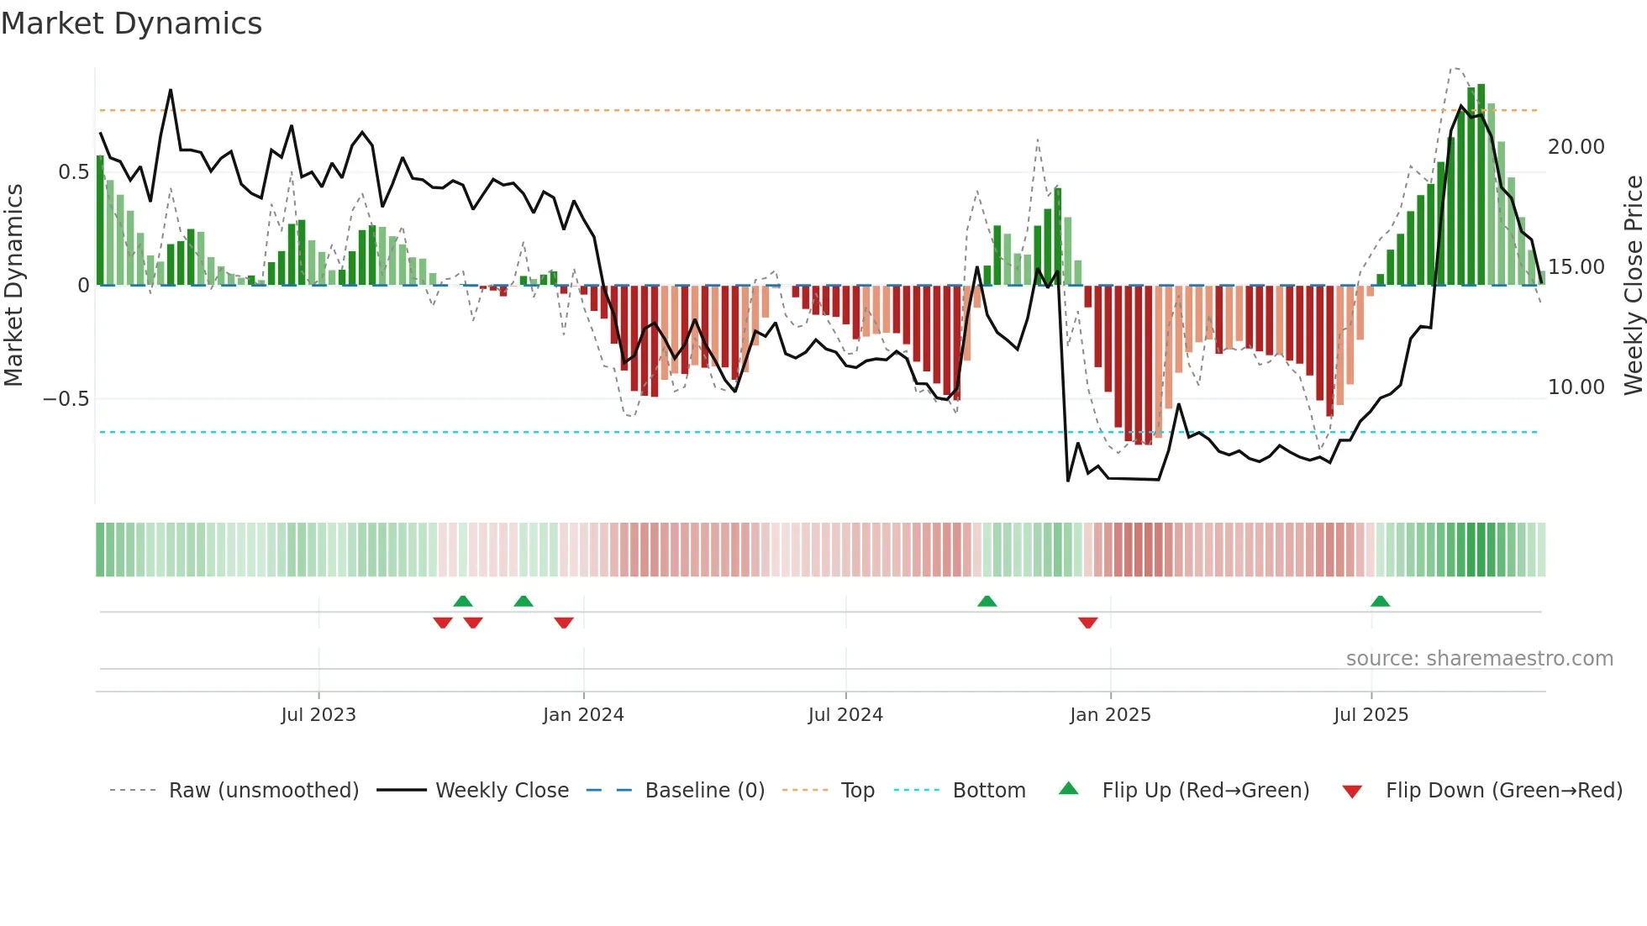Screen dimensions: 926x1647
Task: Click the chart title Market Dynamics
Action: [x=131, y=24]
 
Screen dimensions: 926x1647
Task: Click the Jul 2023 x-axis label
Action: [x=318, y=715]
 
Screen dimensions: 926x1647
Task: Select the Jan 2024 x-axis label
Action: [x=583, y=715]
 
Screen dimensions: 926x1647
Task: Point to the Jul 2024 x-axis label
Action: [x=845, y=715]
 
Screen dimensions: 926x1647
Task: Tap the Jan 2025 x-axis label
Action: [x=1110, y=715]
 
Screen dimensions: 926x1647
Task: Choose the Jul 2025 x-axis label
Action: [x=1371, y=715]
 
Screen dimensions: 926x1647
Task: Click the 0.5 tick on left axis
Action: [x=73, y=172]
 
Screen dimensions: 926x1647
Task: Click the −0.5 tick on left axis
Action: [x=66, y=398]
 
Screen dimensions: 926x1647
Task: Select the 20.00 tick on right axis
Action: [x=1576, y=147]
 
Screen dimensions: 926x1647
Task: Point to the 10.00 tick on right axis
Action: [x=1576, y=387]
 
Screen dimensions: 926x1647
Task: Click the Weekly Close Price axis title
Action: [x=1633, y=286]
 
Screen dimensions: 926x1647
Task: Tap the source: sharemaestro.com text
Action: [x=1479, y=659]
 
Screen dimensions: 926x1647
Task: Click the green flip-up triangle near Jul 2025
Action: [x=1380, y=601]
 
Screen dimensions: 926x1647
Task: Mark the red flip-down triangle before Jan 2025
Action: [x=1087, y=623]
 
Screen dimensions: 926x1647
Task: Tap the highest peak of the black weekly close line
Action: [x=171, y=90]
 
